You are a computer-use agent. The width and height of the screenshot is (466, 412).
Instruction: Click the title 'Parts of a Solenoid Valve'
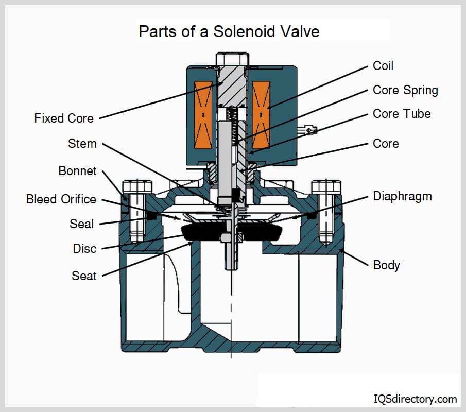coord(229,31)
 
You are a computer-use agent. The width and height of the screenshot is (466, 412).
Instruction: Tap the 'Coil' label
coord(383,66)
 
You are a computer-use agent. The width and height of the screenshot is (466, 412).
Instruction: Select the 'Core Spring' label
coord(405,90)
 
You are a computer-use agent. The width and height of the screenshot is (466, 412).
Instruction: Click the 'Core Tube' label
coord(402,114)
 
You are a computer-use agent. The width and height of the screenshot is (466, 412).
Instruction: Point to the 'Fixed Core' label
coord(64,118)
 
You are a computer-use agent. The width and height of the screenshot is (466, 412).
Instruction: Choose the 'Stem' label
coord(82,143)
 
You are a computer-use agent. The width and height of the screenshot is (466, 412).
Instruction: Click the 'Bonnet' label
coord(77,171)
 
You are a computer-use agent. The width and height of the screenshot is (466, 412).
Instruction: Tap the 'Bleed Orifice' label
coord(61,199)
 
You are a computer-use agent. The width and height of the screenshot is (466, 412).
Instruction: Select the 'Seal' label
coord(82,224)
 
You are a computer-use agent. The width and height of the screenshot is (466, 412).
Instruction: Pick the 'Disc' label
coord(84,249)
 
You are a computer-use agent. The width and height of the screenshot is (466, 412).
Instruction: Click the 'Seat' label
coord(84,276)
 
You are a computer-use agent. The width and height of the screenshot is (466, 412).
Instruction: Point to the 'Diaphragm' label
coord(402,196)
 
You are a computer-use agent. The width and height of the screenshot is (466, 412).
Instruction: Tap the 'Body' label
coord(386,265)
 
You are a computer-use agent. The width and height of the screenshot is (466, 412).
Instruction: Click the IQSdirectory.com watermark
coord(415,399)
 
